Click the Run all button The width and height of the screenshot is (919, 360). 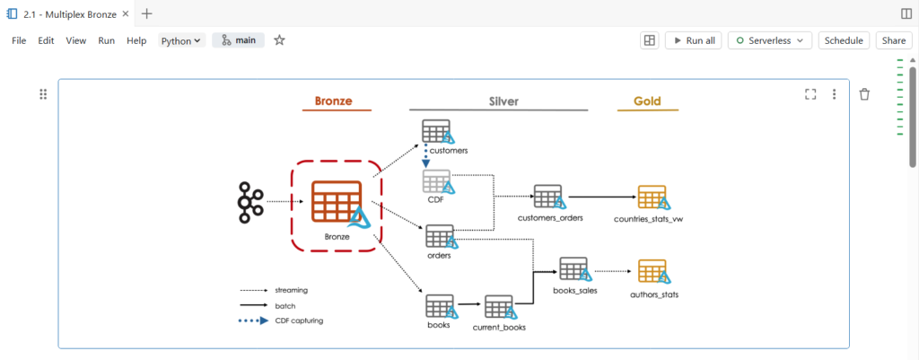(x=694, y=40)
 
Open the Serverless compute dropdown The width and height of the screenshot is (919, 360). (x=770, y=40)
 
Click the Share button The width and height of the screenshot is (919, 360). (x=893, y=40)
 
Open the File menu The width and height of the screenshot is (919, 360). (x=19, y=40)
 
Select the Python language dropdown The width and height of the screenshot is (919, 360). (x=181, y=40)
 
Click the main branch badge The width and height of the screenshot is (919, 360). (x=238, y=40)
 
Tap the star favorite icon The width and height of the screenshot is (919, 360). (x=279, y=40)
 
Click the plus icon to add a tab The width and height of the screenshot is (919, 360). (x=147, y=13)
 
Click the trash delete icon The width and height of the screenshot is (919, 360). (x=864, y=94)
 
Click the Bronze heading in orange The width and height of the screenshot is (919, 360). (x=333, y=101)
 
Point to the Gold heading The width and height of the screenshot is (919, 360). (x=647, y=101)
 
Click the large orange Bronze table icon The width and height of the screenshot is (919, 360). (x=337, y=202)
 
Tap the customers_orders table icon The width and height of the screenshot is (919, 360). (x=547, y=197)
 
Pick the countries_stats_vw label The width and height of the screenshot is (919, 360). (x=654, y=218)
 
